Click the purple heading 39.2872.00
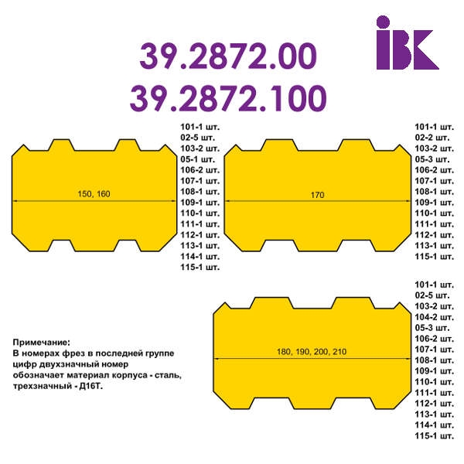pyautogui.click(x=228, y=56)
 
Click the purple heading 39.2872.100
pyautogui.click(x=228, y=98)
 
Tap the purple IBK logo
pyautogui.click(x=408, y=43)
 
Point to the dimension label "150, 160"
pyautogui.click(x=94, y=194)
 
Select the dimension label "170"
pyautogui.click(x=317, y=195)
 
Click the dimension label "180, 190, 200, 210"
pyautogui.click(x=312, y=352)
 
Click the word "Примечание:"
pyautogui.click(x=42, y=343)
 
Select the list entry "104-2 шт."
pyautogui.click(x=434, y=317)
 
